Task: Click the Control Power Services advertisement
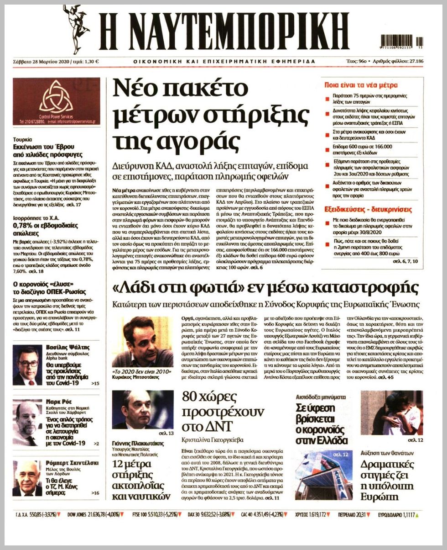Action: pyautogui.click(x=56, y=101)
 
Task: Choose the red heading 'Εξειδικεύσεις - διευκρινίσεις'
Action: pyautogui.click(x=368, y=210)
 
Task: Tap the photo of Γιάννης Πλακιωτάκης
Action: pyautogui.click(x=142, y=409)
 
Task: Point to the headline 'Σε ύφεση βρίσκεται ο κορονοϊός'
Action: pyautogui.click(x=323, y=424)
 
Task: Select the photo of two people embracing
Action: pyautogui.click(x=391, y=412)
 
